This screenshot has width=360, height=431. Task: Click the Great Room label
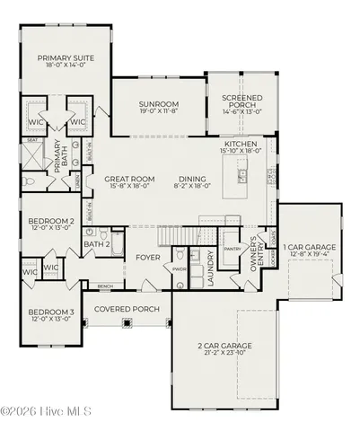pos(126,179)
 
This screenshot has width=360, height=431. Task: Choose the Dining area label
pos(192,179)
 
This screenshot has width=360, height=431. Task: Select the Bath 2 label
pos(96,243)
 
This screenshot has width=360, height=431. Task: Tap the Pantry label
pos(233,248)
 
